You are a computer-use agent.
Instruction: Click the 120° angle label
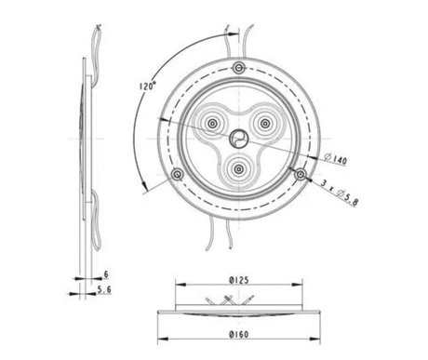pos(147,86)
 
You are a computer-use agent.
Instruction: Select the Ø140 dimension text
pos(336,159)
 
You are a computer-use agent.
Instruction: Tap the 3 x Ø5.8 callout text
pos(340,192)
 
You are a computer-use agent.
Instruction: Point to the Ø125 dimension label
pos(239,280)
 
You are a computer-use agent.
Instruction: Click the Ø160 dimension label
pos(239,334)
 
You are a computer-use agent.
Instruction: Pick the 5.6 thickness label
pos(104,289)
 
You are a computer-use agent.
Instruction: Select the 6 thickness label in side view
pos(106,274)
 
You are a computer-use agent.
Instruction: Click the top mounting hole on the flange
pos(238,67)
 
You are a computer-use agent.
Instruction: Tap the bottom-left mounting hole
pos(177,174)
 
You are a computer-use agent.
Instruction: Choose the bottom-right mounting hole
pos(300,174)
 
